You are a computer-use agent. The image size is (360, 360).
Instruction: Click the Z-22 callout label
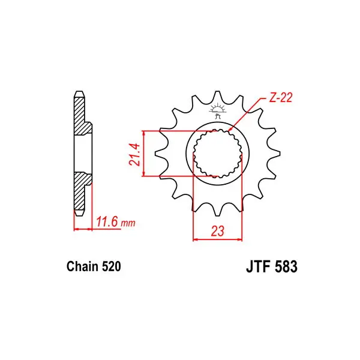(x=280, y=98)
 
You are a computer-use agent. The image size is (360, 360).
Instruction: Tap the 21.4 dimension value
(x=135, y=155)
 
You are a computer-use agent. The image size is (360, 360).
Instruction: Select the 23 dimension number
(x=217, y=232)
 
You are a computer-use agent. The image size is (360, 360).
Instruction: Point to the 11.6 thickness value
(x=107, y=222)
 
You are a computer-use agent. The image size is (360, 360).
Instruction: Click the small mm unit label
(x=128, y=223)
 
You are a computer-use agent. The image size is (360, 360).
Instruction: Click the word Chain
(x=82, y=266)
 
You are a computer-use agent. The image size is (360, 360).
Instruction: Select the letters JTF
(x=257, y=266)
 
